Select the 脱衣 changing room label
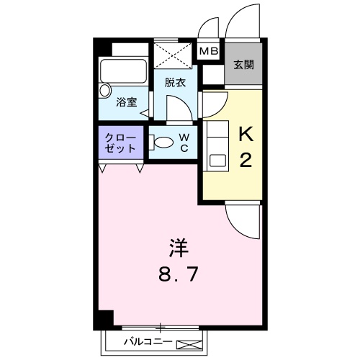tap(175, 82)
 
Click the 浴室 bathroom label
tap(127, 102)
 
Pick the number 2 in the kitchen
tap(245, 160)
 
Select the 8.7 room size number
tap(179, 275)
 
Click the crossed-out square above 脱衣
tap(175, 54)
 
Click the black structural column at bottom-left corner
tap(105, 318)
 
